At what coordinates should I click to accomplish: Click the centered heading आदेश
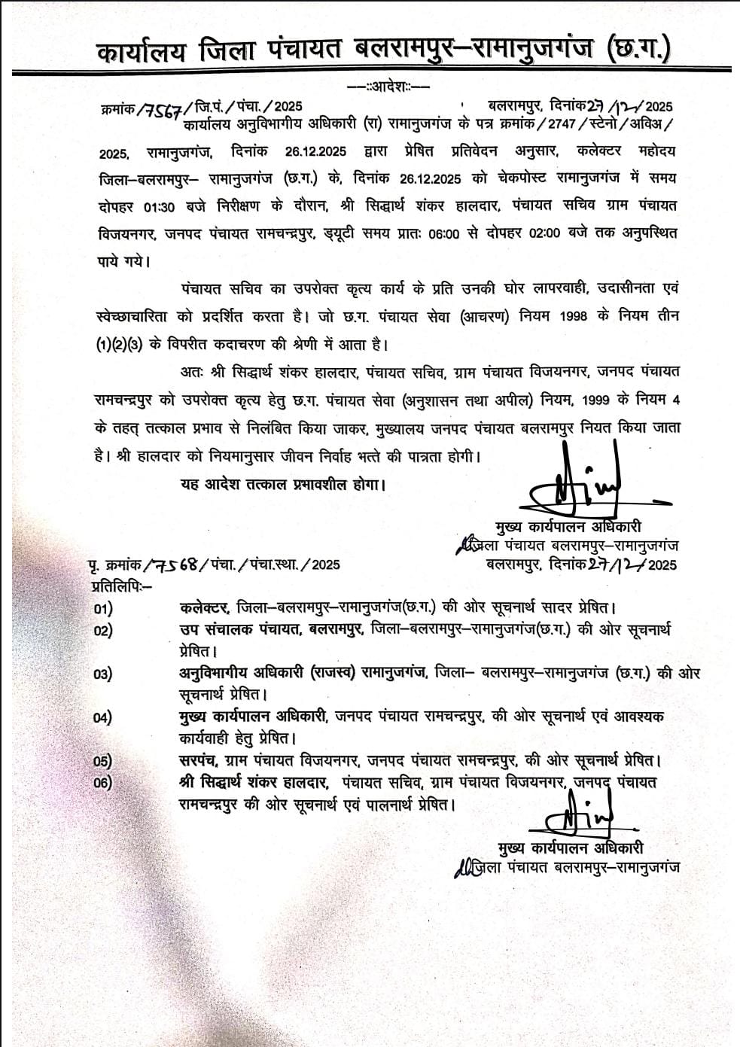(x=388, y=87)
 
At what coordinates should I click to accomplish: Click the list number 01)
(x=103, y=607)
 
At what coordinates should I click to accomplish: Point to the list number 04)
(x=103, y=717)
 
